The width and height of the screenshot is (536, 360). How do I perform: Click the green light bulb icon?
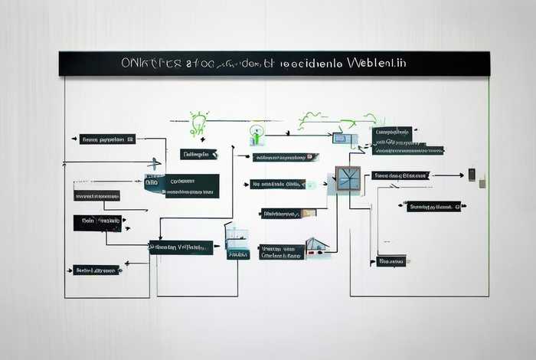tap(198, 123)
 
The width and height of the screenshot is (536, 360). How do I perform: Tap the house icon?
tap(316, 247)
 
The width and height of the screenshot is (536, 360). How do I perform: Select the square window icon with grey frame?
tap(348, 179)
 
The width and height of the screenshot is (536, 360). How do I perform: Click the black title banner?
tap(274, 64)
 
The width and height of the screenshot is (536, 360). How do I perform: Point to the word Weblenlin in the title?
tap(376, 63)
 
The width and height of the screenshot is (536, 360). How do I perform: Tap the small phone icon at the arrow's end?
tap(472, 175)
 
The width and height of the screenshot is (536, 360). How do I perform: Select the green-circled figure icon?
tap(257, 134)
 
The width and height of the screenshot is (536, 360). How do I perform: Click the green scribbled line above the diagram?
tap(337, 119)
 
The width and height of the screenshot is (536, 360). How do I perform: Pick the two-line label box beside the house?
tap(281, 252)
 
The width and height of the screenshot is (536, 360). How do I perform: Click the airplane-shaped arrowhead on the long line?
tap(155, 163)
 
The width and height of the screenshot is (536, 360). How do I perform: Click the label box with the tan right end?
tap(288, 213)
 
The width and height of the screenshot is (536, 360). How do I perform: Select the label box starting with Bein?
tap(97, 223)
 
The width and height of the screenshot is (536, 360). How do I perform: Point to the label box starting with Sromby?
tap(433, 206)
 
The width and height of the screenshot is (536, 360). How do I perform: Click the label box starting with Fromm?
tap(107, 139)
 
